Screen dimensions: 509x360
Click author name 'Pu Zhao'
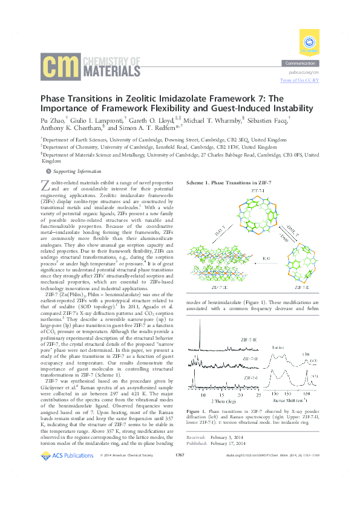(51, 120)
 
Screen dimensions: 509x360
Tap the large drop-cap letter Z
(45, 185)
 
